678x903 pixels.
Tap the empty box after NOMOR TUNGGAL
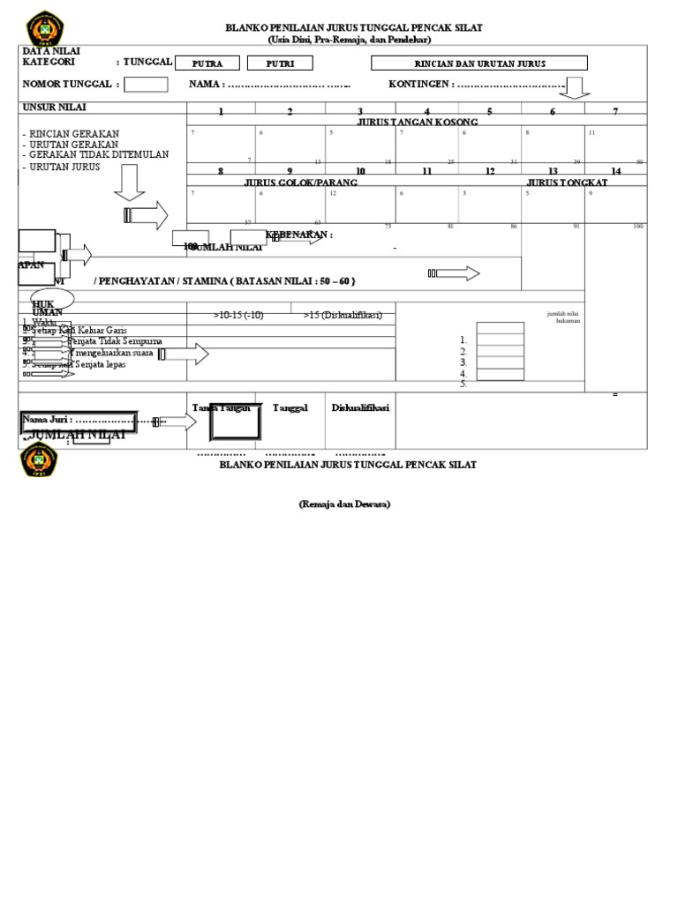(x=146, y=84)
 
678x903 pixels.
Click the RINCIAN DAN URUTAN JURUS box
(x=479, y=63)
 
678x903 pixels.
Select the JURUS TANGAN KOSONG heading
(x=418, y=122)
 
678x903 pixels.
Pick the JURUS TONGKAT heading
(x=567, y=182)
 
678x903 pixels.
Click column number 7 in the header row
(x=615, y=111)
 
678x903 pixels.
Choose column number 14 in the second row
(x=615, y=170)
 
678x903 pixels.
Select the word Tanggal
(x=290, y=407)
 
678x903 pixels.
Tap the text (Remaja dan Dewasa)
(x=343, y=504)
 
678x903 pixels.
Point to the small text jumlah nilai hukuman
(x=562, y=317)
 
